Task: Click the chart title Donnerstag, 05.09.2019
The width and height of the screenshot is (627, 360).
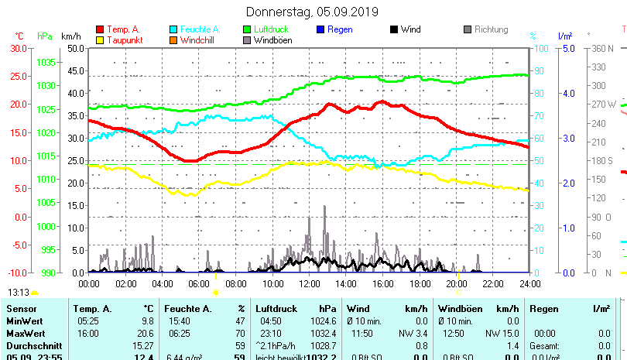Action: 312,12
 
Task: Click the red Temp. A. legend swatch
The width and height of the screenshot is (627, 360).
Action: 100,30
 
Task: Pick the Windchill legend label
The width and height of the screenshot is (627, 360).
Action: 199,40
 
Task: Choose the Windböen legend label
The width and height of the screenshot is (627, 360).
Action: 273,40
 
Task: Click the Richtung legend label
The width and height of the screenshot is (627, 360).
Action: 491,30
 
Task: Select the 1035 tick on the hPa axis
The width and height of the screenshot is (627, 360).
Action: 46,62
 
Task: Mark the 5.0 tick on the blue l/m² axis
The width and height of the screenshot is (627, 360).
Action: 567,48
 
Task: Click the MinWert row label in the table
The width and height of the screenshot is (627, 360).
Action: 25,321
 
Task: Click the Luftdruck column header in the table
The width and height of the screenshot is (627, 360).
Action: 275,309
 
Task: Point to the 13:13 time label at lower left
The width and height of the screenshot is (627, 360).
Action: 19,293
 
